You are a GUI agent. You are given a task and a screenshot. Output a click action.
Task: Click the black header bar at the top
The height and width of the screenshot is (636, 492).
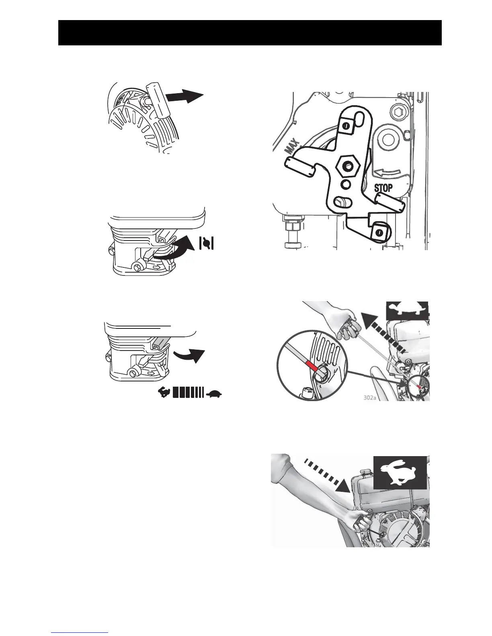pyautogui.click(x=250, y=33)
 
